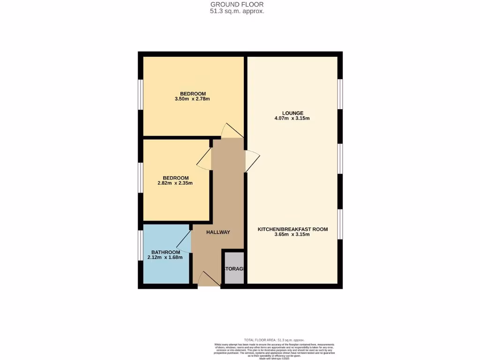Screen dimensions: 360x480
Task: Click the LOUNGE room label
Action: point(292,113)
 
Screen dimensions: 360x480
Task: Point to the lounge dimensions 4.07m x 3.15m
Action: point(292,119)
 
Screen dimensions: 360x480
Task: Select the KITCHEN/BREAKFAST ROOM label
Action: point(292,229)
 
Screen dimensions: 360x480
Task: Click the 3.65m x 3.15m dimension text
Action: point(292,235)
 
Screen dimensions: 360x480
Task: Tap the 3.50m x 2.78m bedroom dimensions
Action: point(192,99)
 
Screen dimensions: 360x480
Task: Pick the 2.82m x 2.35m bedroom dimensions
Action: point(175,183)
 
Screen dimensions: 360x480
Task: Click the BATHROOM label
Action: point(165,252)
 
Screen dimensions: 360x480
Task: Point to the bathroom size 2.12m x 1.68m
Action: point(165,257)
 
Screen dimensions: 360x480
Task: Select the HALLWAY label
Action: point(218,232)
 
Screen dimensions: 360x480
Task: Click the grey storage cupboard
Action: point(234,269)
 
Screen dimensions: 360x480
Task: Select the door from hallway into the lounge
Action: point(252,161)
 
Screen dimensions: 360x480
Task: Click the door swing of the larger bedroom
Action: point(232,131)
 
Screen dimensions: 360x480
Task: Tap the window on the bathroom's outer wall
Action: point(140,245)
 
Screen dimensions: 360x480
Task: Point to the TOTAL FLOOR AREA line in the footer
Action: point(274,340)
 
